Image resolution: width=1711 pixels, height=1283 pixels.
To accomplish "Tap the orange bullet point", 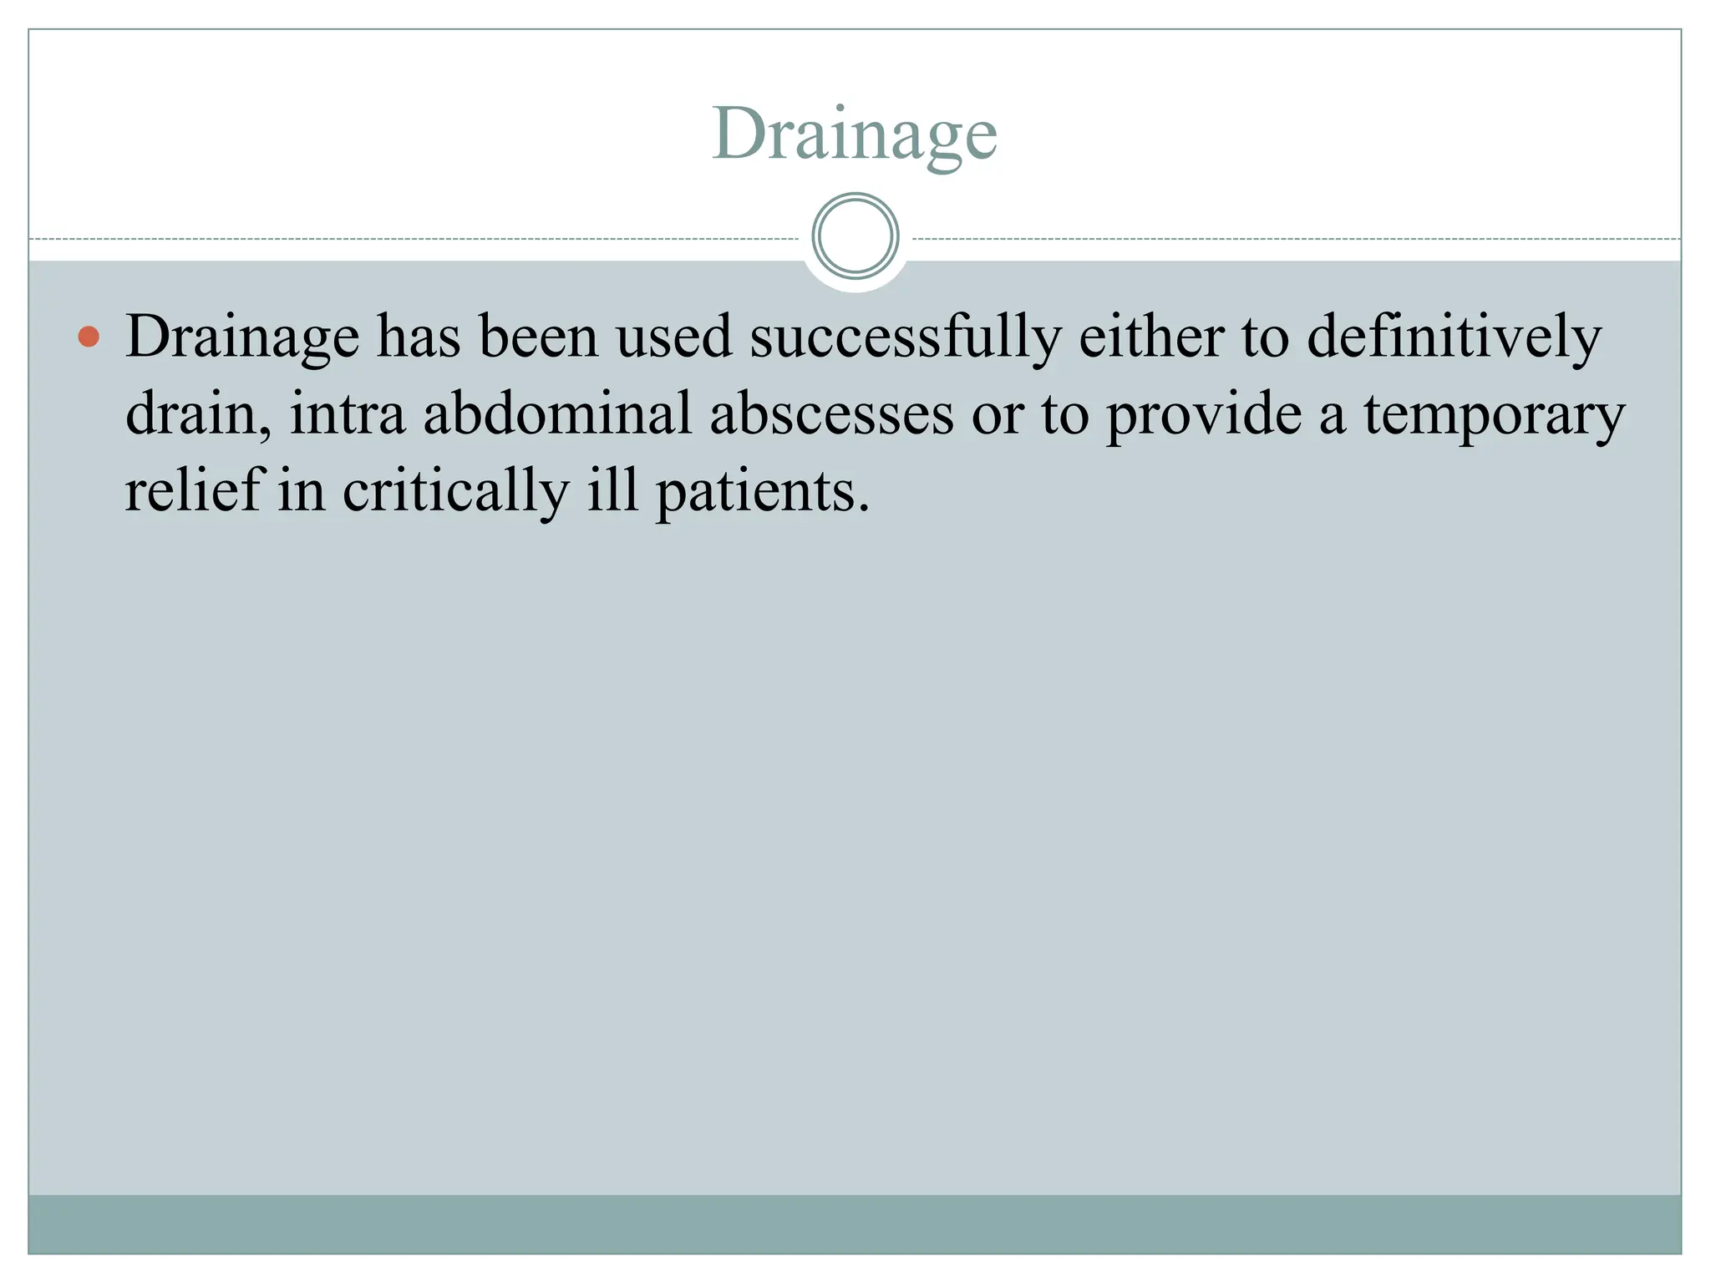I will click(x=89, y=337).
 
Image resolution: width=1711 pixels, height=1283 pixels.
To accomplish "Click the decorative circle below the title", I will click(x=855, y=236).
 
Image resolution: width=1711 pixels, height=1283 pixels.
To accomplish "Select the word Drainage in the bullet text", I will click(x=242, y=337).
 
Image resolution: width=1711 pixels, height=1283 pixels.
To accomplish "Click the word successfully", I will click(x=905, y=337).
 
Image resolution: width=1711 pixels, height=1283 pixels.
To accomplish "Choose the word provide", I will click(x=1203, y=414).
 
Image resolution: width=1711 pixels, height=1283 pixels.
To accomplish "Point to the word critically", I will click(x=456, y=491).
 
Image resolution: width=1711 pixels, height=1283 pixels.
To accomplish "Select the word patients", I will click(x=763, y=491).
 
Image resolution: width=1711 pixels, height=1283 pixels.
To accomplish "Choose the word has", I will click(x=419, y=337).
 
